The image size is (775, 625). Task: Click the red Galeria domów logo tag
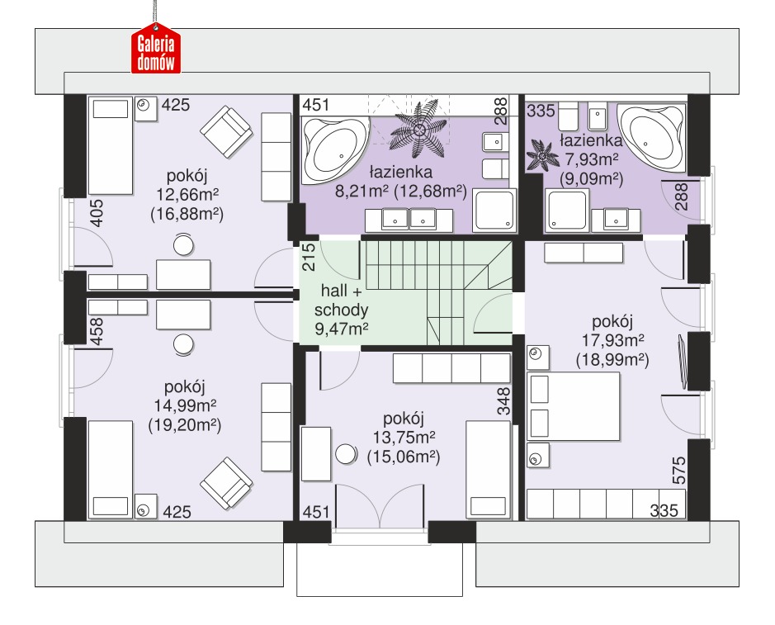click(x=156, y=49)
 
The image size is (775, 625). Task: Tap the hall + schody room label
click(x=341, y=301)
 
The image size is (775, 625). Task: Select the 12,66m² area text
click(x=187, y=195)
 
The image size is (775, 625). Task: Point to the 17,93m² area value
click(x=612, y=340)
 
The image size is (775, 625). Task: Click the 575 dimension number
click(x=679, y=471)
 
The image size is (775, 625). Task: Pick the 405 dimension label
click(x=97, y=213)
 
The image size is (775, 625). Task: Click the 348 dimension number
click(x=503, y=401)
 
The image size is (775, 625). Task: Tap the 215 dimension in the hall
click(x=308, y=257)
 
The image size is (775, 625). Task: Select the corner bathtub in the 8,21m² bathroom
click(x=335, y=149)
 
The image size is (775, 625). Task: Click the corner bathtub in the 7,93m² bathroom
click(x=652, y=137)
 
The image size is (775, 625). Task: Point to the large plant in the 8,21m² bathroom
click(x=419, y=130)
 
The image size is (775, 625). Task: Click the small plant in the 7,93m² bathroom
click(x=542, y=156)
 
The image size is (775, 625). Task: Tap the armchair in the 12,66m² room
click(x=226, y=131)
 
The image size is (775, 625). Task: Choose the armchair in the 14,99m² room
click(x=226, y=483)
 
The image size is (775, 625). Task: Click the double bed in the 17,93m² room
click(x=574, y=406)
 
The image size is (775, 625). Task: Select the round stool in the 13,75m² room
click(x=346, y=454)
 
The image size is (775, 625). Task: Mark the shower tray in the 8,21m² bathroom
click(x=494, y=211)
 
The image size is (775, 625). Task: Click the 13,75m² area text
click(x=404, y=438)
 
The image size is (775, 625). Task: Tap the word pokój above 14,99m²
click(x=184, y=387)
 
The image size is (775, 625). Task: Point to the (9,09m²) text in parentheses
click(x=591, y=178)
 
